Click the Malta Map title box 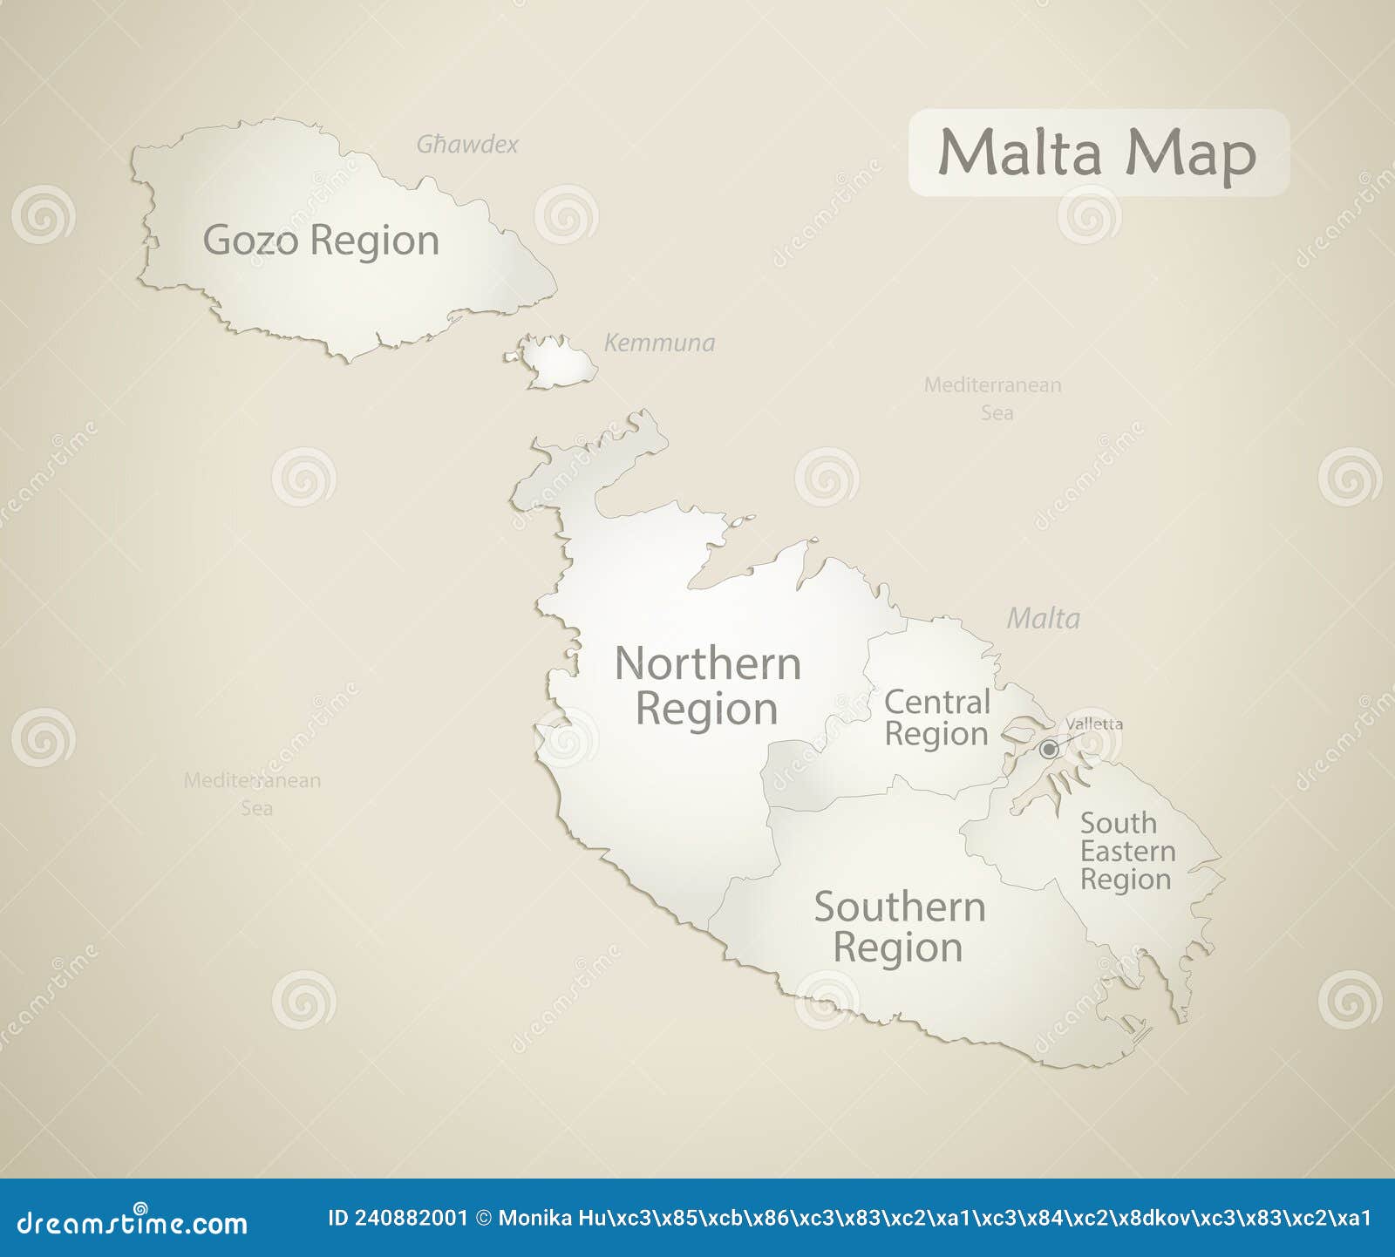1098,153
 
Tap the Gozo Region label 321,241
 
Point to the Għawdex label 467,145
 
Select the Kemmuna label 659,343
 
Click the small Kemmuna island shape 558,361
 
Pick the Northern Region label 707,687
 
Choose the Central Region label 937,718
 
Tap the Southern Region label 899,927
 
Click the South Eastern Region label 1126,852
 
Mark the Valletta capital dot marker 1049,750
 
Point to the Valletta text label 1094,724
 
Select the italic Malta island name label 1043,619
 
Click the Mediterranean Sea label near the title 993,398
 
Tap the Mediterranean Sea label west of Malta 253,794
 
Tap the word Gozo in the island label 251,241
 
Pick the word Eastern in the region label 1128,852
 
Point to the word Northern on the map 708,664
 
